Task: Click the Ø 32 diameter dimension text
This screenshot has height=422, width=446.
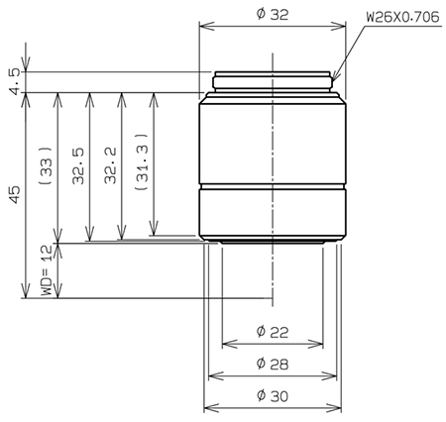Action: [272, 14]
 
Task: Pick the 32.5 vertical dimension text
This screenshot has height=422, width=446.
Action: [76, 167]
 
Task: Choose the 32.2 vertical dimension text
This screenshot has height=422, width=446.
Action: [107, 167]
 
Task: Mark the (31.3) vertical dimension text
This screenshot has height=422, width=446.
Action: [139, 167]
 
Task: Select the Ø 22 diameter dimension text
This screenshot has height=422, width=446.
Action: [272, 330]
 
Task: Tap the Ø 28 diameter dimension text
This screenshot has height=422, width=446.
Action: [272, 363]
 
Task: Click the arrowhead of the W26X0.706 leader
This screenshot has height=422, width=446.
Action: [334, 78]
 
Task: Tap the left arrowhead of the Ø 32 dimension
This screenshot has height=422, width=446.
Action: [204, 27]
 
